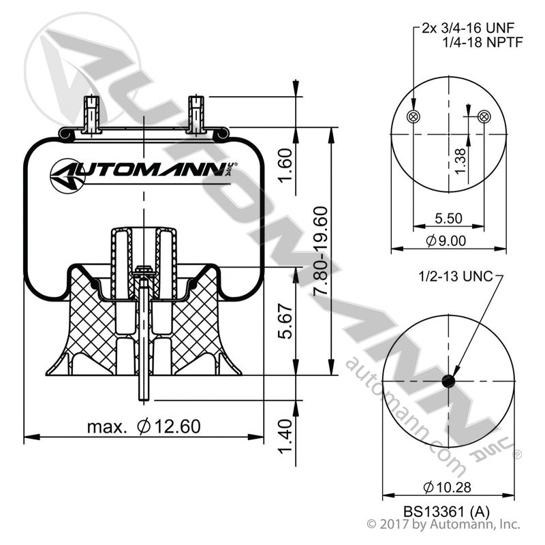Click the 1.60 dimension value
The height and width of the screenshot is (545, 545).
tap(286, 161)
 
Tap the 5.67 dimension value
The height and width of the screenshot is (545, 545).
tap(286, 321)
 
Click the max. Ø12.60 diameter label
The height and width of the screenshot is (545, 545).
tap(144, 427)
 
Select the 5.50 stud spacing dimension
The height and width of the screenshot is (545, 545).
tap(448, 219)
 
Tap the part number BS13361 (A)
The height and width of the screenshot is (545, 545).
tap(447, 510)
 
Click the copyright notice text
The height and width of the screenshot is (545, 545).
tap(443, 525)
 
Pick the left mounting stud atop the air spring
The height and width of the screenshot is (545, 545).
tap(91, 114)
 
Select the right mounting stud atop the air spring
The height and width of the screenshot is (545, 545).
tap(196, 114)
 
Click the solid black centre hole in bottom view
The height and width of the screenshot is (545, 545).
tap(448, 381)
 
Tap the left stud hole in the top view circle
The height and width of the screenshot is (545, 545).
tap(413, 116)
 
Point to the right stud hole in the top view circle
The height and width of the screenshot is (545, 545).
tap(484, 116)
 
